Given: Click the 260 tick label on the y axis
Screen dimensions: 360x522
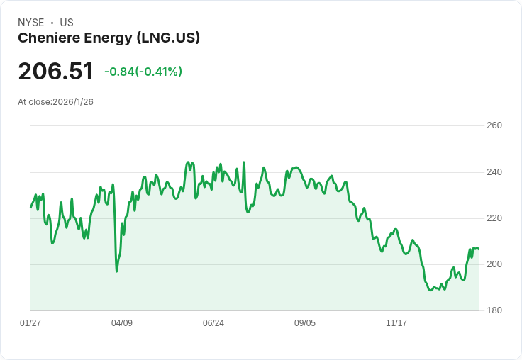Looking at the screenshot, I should (x=494, y=125).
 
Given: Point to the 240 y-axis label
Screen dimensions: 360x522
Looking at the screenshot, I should (x=494, y=172).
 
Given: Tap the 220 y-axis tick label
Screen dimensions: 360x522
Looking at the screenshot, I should (x=494, y=218).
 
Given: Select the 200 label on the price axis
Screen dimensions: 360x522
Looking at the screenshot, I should (x=494, y=264).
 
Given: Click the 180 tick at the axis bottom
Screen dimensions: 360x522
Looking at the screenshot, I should (x=494, y=310).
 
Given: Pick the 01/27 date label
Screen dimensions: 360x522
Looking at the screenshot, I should (x=30, y=323).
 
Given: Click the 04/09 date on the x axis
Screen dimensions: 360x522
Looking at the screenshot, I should (x=122, y=323).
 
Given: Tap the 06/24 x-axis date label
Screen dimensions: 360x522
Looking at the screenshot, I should (x=213, y=323).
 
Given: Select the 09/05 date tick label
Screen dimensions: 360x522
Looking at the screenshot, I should (x=305, y=323).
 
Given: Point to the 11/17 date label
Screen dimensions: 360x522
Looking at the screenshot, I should (x=396, y=323).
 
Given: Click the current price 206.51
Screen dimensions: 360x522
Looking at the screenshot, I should (x=55, y=72).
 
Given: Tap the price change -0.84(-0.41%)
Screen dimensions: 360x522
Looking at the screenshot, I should (x=143, y=72).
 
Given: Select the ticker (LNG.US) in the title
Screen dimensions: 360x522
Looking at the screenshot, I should (x=167, y=38).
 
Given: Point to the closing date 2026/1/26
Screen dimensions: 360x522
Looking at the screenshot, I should (x=73, y=102).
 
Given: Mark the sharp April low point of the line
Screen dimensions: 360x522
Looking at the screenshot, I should (x=116, y=271).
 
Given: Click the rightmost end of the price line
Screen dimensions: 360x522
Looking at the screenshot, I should (x=479, y=249).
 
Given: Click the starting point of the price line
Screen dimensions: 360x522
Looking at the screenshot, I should (x=30, y=208).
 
